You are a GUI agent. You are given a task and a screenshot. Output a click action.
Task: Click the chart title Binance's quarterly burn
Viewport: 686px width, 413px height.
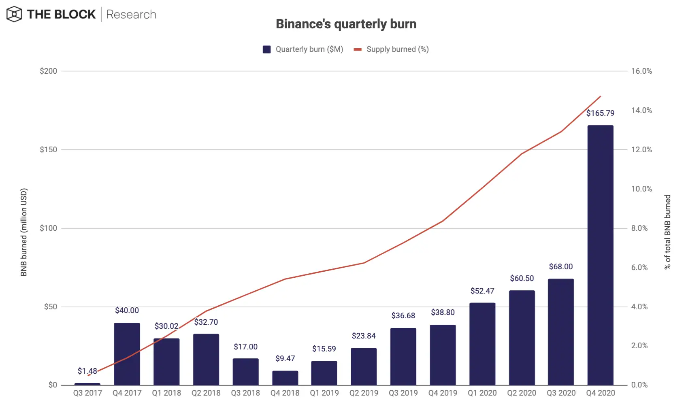click(x=346, y=24)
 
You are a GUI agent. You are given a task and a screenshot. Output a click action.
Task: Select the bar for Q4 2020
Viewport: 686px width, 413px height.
click(x=600, y=255)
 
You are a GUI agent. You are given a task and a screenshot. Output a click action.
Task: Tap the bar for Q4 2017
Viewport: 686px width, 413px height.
click(x=127, y=354)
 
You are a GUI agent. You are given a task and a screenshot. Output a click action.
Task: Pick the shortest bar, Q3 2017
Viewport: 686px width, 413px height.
click(x=87, y=383)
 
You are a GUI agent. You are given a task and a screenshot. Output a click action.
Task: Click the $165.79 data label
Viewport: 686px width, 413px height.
click(x=600, y=113)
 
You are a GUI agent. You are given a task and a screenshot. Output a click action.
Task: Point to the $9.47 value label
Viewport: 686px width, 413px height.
click(x=285, y=358)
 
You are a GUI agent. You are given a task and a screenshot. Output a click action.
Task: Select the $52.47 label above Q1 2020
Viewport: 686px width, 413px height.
click(x=482, y=291)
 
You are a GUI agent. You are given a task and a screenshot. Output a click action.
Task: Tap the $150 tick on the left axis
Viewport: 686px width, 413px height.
click(x=48, y=149)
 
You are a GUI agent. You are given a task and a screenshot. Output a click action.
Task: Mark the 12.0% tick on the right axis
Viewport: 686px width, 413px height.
click(x=641, y=149)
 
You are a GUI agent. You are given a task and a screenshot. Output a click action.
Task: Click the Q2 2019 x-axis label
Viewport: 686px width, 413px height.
click(x=364, y=393)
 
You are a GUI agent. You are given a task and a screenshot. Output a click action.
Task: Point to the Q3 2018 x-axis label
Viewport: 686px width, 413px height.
click(x=245, y=393)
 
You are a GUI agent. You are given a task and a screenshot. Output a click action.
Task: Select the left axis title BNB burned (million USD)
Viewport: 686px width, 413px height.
click(x=24, y=232)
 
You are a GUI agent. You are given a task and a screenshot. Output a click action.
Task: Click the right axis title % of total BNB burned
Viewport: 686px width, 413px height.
click(x=667, y=232)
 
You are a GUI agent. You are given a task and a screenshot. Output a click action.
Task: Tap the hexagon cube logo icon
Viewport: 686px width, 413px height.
click(x=14, y=15)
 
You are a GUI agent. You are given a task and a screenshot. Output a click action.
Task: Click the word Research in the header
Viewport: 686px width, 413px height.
click(x=131, y=15)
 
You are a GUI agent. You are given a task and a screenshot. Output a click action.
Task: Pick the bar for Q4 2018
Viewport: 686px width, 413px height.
click(x=285, y=378)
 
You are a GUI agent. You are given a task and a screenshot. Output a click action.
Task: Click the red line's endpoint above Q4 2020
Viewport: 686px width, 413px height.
click(x=600, y=97)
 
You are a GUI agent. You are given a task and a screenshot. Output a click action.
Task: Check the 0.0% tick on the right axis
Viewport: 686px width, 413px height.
click(x=639, y=385)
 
